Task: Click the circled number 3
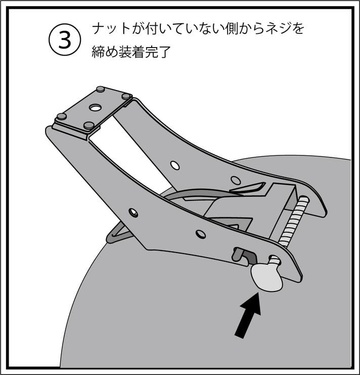point(65,39)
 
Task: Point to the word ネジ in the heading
point(277,29)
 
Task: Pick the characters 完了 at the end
point(157,52)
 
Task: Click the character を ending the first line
point(297,29)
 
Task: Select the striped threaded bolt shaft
point(294,221)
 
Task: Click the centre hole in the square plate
point(95,108)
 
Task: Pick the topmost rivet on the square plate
point(100,89)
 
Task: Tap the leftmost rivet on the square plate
point(61,116)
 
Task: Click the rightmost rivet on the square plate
point(126,96)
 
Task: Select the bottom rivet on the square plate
point(89,125)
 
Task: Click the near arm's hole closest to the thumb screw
point(201,234)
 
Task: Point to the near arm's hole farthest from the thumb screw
point(133,213)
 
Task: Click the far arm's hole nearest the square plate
point(175,165)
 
